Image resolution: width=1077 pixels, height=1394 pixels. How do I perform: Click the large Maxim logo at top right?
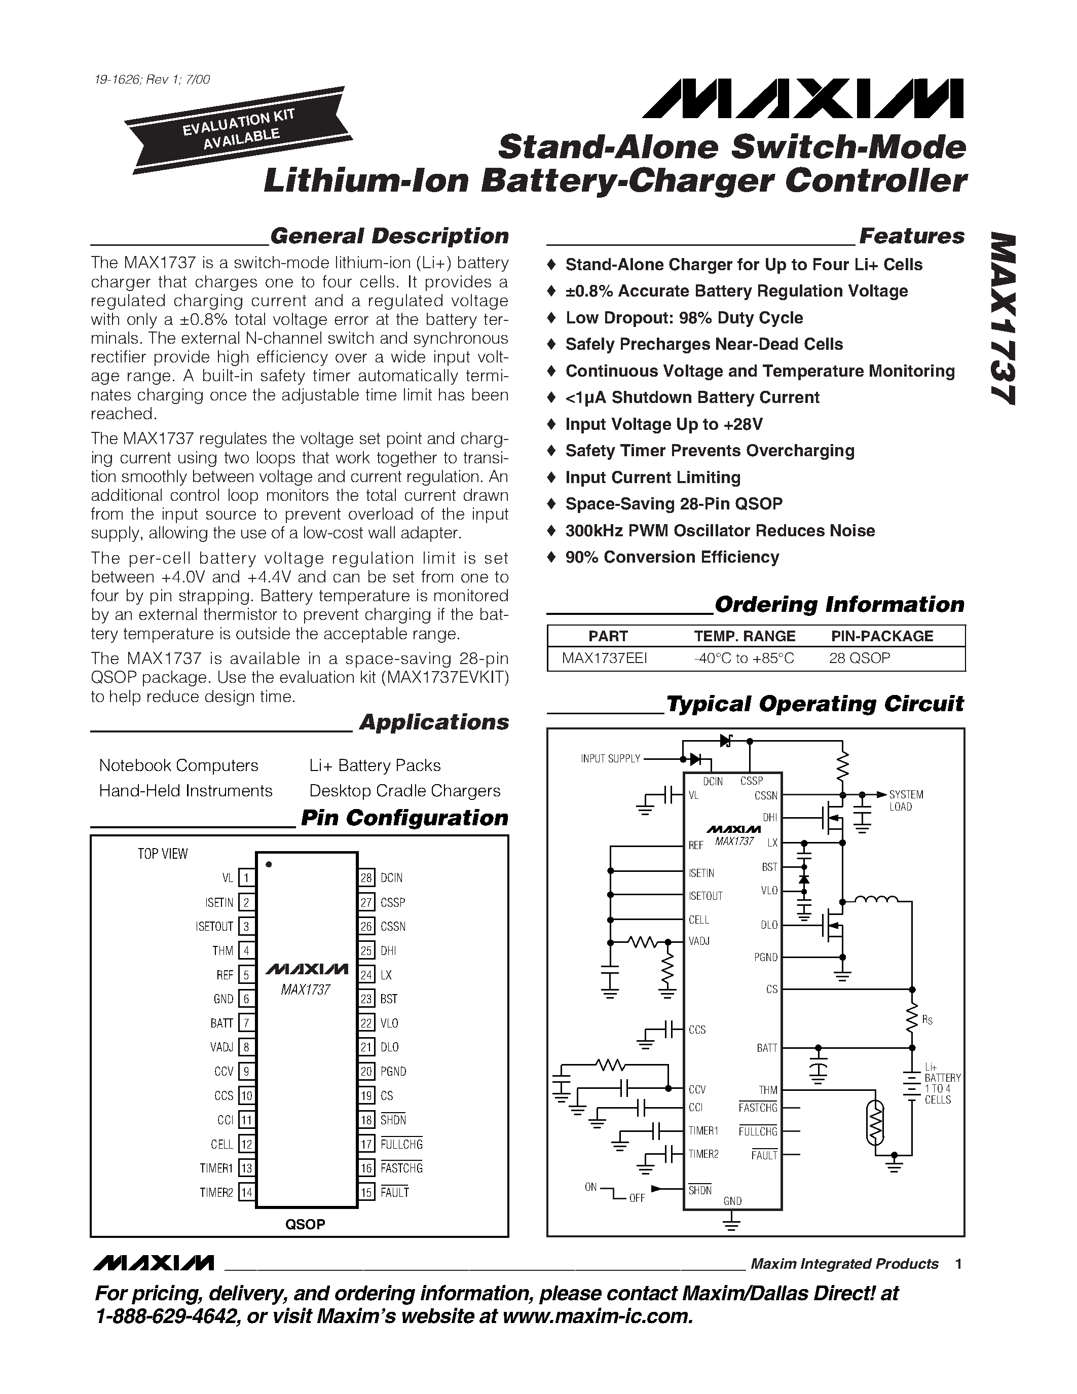coord(803,99)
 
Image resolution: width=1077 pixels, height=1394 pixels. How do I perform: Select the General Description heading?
coord(389,236)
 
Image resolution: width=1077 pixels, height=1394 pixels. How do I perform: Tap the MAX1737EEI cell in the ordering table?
coord(604,658)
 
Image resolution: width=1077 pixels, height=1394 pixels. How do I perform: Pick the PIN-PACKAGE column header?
coord(882,636)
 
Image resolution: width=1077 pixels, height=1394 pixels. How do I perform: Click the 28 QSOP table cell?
coord(860,658)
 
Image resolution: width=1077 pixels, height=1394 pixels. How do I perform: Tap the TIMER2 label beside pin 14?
coord(216,1192)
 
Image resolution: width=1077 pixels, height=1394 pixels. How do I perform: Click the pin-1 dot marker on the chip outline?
coord(269,864)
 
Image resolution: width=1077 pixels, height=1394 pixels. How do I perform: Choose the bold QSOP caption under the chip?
coord(305,1224)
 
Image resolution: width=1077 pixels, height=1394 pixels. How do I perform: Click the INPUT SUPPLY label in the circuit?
coord(610,758)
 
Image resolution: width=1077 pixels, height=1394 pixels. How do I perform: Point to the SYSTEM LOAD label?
coord(906,800)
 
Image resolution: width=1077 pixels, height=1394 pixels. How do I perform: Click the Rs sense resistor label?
coord(927,1020)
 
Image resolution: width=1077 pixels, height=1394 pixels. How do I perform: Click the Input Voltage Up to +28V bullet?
coord(663,424)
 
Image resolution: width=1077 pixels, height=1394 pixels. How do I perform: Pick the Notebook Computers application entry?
coord(178,765)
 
